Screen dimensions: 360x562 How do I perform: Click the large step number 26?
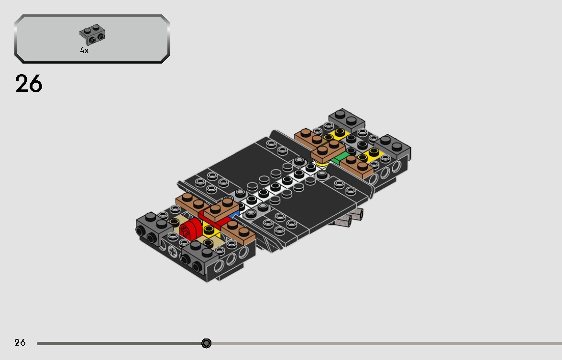pos(29,84)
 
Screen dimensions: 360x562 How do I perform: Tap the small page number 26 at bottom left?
pos(20,342)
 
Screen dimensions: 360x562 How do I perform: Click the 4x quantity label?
pos(84,51)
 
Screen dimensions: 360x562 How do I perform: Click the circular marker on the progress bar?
pos(206,343)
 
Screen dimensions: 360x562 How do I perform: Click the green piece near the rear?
pos(341,157)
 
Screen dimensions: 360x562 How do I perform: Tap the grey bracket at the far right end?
pos(393,146)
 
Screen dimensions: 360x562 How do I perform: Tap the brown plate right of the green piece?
pos(356,166)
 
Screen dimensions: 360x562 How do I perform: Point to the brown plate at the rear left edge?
pos(310,138)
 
